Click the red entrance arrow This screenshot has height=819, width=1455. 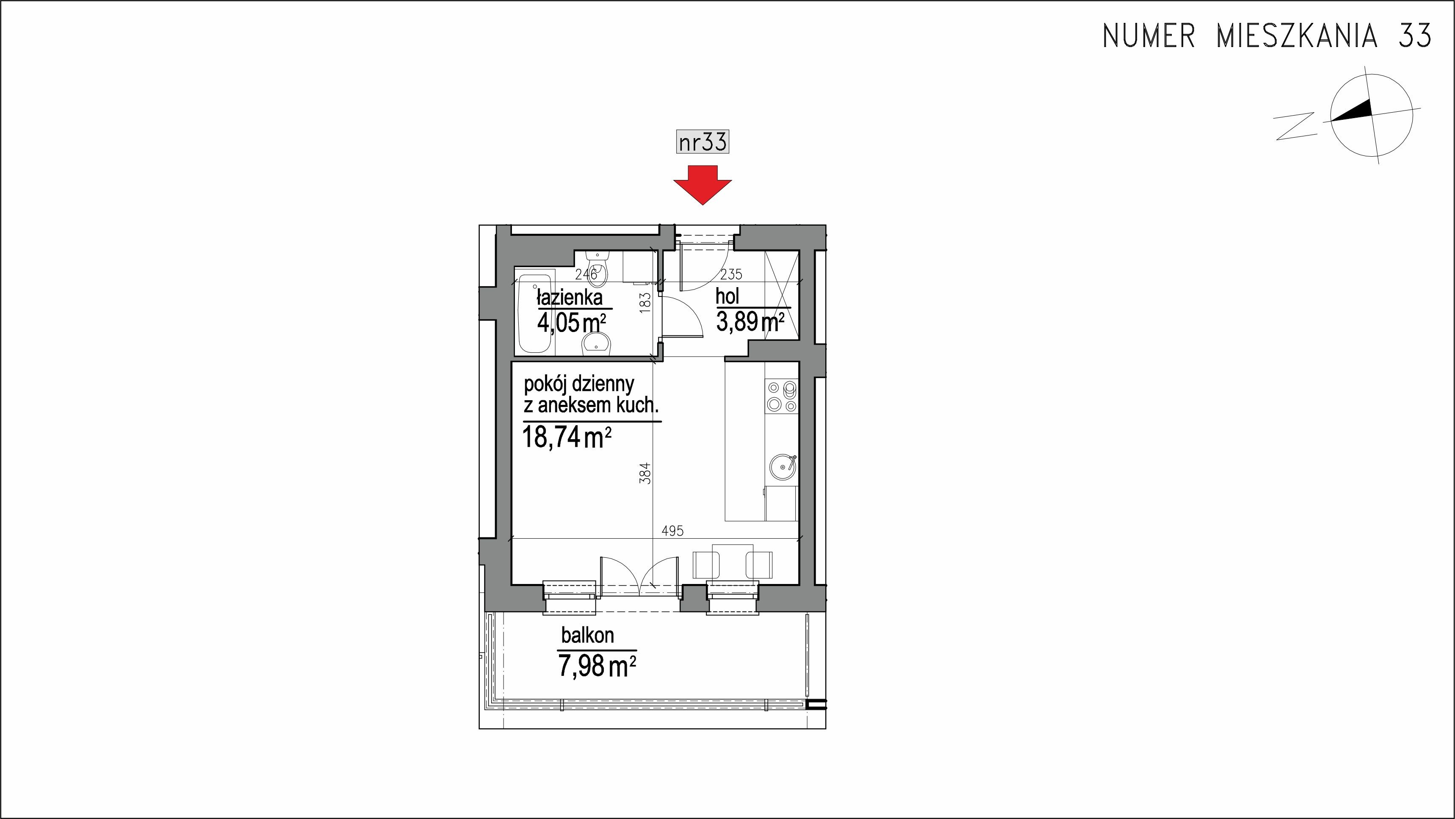(702, 185)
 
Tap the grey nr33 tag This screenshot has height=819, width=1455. (703, 142)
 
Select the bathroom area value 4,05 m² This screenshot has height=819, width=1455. (572, 323)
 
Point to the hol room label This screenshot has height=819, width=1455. (727, 296)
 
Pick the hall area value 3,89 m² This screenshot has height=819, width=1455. (750, 322)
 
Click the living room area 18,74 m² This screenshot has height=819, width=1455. (567, 437)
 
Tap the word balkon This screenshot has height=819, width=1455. (587, 636)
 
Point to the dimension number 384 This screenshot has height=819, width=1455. (646, 473)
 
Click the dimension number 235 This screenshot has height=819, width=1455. (731, 274)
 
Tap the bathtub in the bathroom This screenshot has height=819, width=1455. (535, 315)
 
